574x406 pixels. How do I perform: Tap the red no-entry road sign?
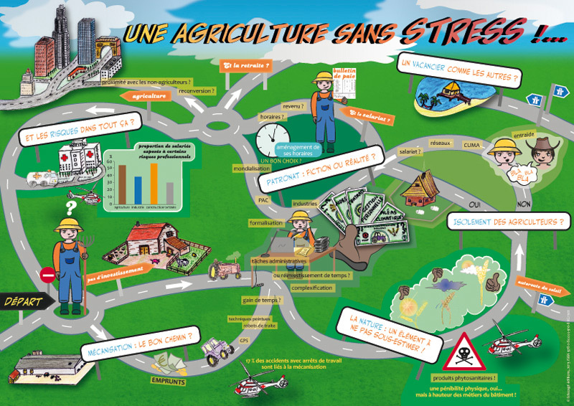48,275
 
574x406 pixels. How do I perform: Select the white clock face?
271,136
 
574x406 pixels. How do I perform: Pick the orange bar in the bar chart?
154,183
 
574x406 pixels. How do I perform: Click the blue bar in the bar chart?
138,189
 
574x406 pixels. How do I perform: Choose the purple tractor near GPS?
217,351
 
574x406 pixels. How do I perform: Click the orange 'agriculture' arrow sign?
150,95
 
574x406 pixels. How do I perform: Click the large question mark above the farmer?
70,209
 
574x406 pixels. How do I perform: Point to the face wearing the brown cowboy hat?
542,154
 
